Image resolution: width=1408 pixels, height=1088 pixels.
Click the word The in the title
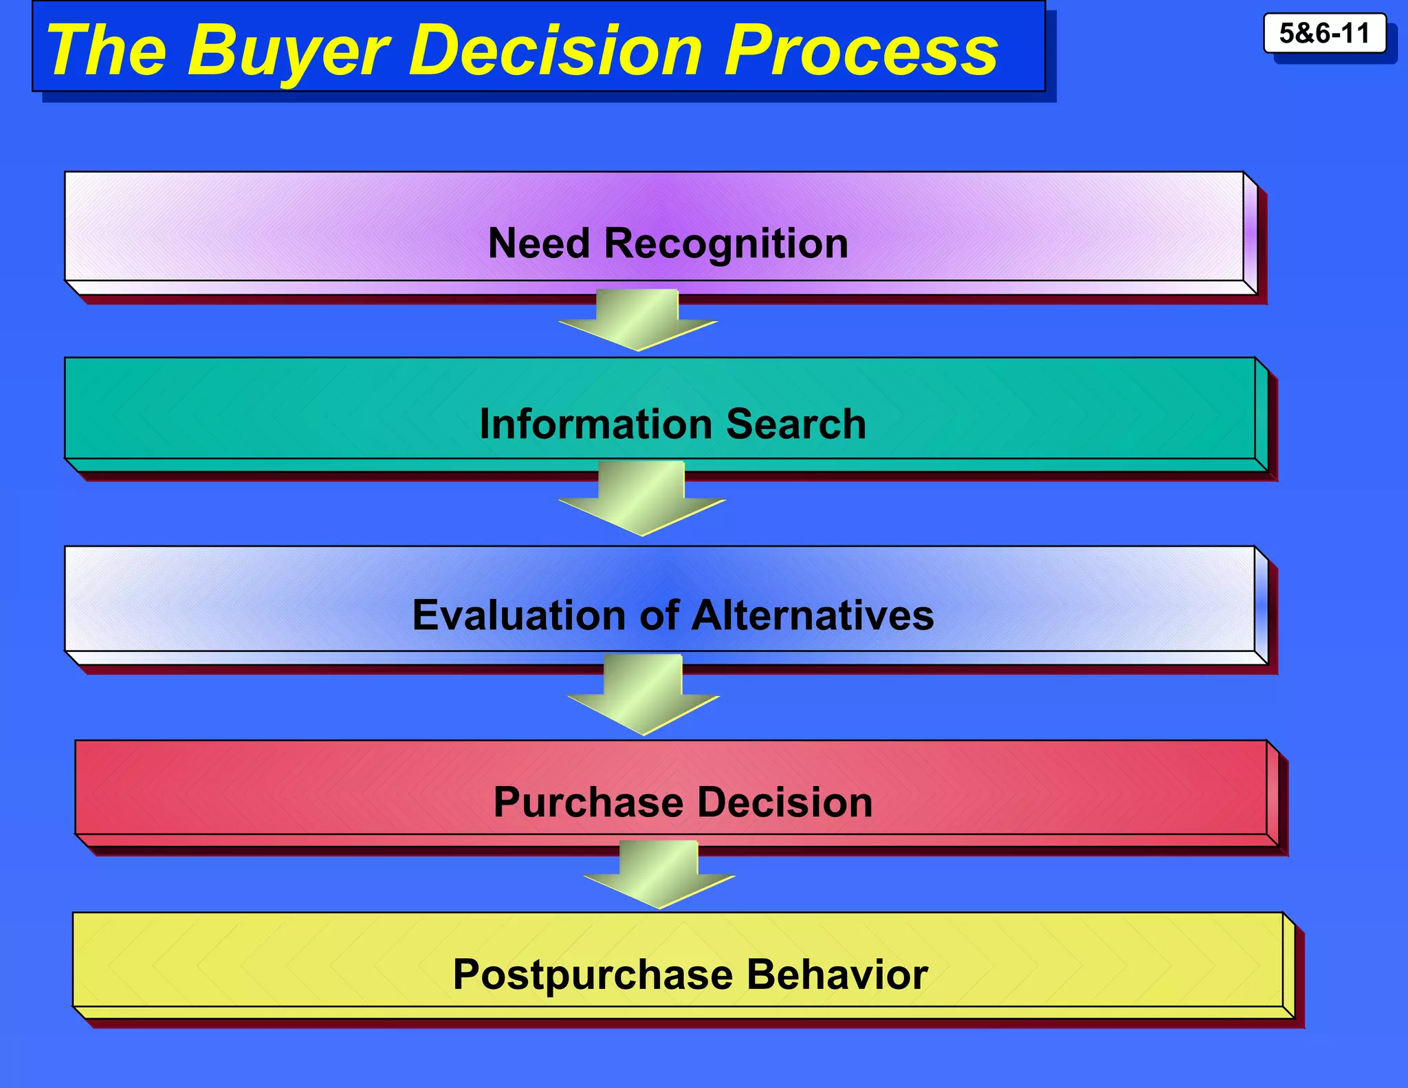click(107, 50)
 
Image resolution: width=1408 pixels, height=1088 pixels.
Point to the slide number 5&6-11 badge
click(1324, 33)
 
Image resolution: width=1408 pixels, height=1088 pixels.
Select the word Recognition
click(726, 245)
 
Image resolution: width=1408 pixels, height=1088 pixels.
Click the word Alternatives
click(813, 615)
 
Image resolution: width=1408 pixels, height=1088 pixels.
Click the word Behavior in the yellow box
click(837, 975)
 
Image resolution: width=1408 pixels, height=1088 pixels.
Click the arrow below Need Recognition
click(638, 320)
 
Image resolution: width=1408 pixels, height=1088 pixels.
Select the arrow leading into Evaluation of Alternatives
click(641, 499)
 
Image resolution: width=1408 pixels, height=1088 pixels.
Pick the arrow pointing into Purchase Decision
click(643, 695)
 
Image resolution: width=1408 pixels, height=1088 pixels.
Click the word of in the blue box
click(659, 615)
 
